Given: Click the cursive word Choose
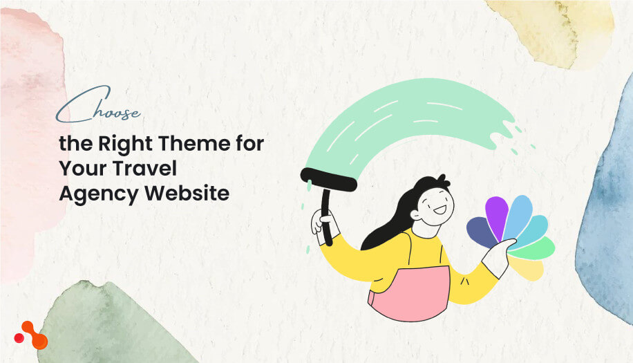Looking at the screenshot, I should [97, 110].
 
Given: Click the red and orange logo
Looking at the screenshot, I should [31, 335].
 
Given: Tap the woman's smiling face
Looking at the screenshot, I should [434, 203].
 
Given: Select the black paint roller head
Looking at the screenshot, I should [329, 179].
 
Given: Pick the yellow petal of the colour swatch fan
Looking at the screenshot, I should [529, 269].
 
